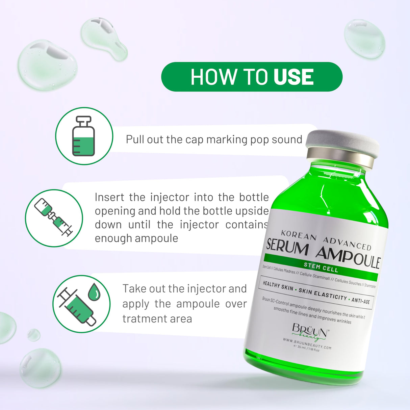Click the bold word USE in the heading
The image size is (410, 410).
[x=293, y=77]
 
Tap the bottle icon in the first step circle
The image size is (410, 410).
[x=84, y=136]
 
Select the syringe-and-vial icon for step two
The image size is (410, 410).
[x=54, y=218]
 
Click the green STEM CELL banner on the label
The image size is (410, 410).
[x=321, y=267]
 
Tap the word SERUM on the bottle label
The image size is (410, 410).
[x=287, y=247]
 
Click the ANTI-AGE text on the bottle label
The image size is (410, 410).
[x=360, y=300]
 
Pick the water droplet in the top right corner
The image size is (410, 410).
[x=364, y=39]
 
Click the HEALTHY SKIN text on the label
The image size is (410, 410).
[x=278, y=286]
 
